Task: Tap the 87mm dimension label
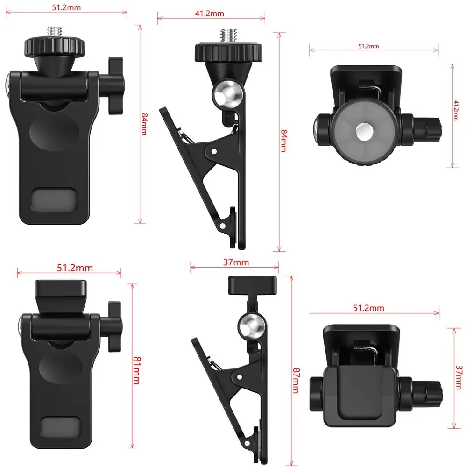pyautogui.click(x=295, y=380)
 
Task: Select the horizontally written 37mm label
pyautogui.click(x=235, y=262)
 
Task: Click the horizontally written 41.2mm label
pyautogui.click(x=210, y=14)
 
